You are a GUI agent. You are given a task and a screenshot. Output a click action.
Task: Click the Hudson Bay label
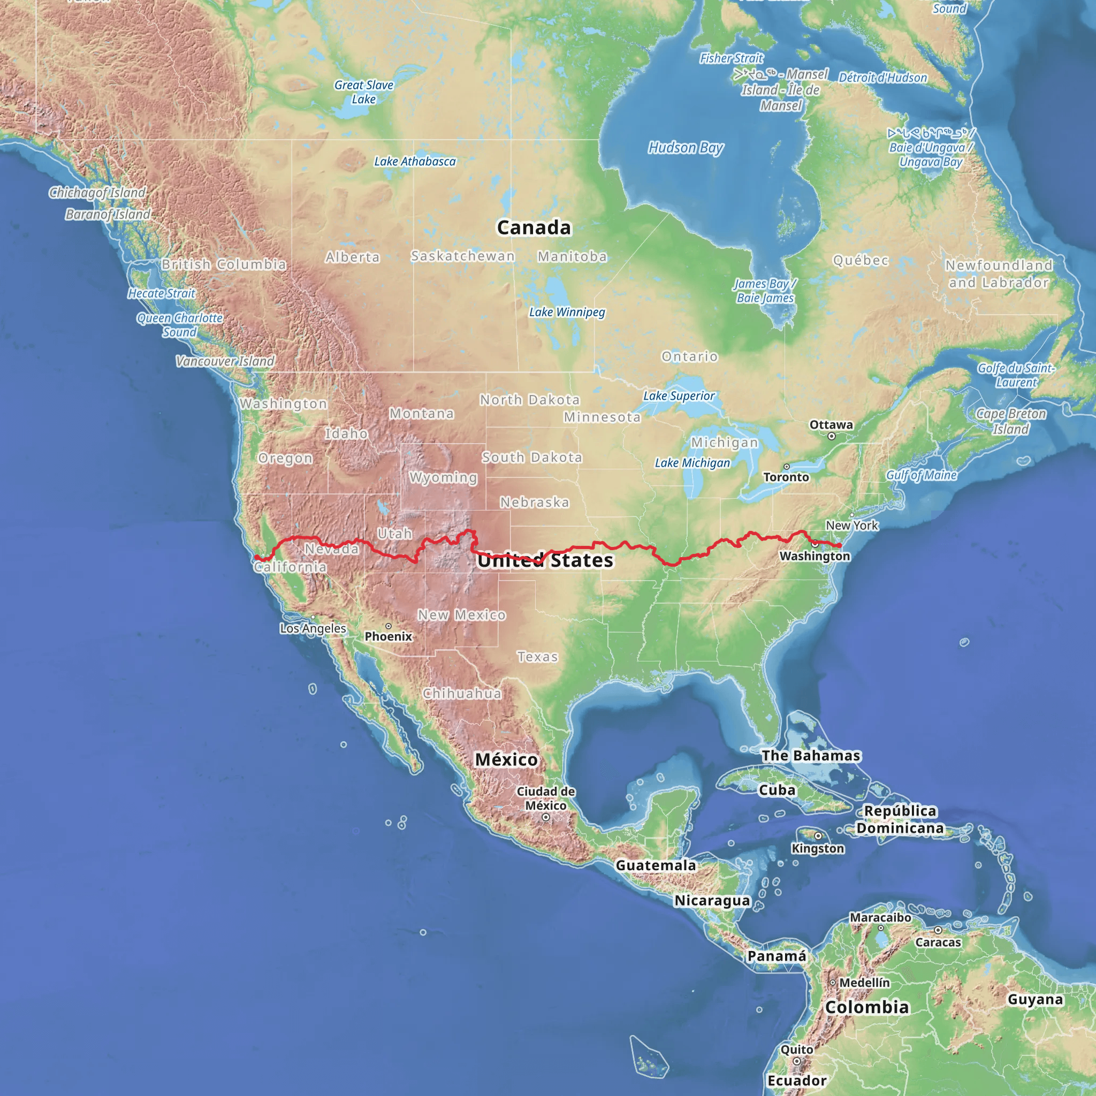(x=686, y=148)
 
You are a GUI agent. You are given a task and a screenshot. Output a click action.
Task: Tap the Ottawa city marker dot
(x=831, y=436)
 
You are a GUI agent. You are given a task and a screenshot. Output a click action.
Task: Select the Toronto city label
(x=786, y=477)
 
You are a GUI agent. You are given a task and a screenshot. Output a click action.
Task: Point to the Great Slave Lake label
(x=363, y=92)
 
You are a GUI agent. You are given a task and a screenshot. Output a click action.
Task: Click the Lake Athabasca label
(x=415, y=162)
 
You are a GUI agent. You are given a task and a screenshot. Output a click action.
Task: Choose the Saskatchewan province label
(x=463, y=256)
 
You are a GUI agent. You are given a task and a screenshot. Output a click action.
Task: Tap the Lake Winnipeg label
(x=567, y=312)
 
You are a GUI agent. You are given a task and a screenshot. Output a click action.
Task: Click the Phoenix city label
(x=388, y=636)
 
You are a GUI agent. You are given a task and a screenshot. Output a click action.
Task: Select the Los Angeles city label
(x=313, y=629)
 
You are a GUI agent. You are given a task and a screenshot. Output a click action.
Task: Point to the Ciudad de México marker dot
(x=546, y=818)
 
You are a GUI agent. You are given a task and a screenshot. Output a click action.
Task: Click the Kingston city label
(x=818, y=849)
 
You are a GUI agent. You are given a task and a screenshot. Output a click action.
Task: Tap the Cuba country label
(x=777, y=790)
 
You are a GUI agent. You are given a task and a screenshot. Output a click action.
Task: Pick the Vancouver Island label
(x=225, y=361)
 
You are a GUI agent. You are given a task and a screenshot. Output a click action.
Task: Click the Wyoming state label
(x=443, y=478)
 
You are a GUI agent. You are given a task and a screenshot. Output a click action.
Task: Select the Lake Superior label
(x=679, y=396)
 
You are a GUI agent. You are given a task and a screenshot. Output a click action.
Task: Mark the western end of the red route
(x=256, y=557)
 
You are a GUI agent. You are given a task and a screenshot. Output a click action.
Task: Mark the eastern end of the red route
(x=839, y=545)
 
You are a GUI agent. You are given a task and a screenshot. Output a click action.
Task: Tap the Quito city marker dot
(x=796, y=1061)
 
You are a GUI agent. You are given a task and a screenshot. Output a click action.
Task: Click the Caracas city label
(x=938, y=942)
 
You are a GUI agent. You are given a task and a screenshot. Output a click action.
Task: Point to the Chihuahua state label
(x=462, y=693)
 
